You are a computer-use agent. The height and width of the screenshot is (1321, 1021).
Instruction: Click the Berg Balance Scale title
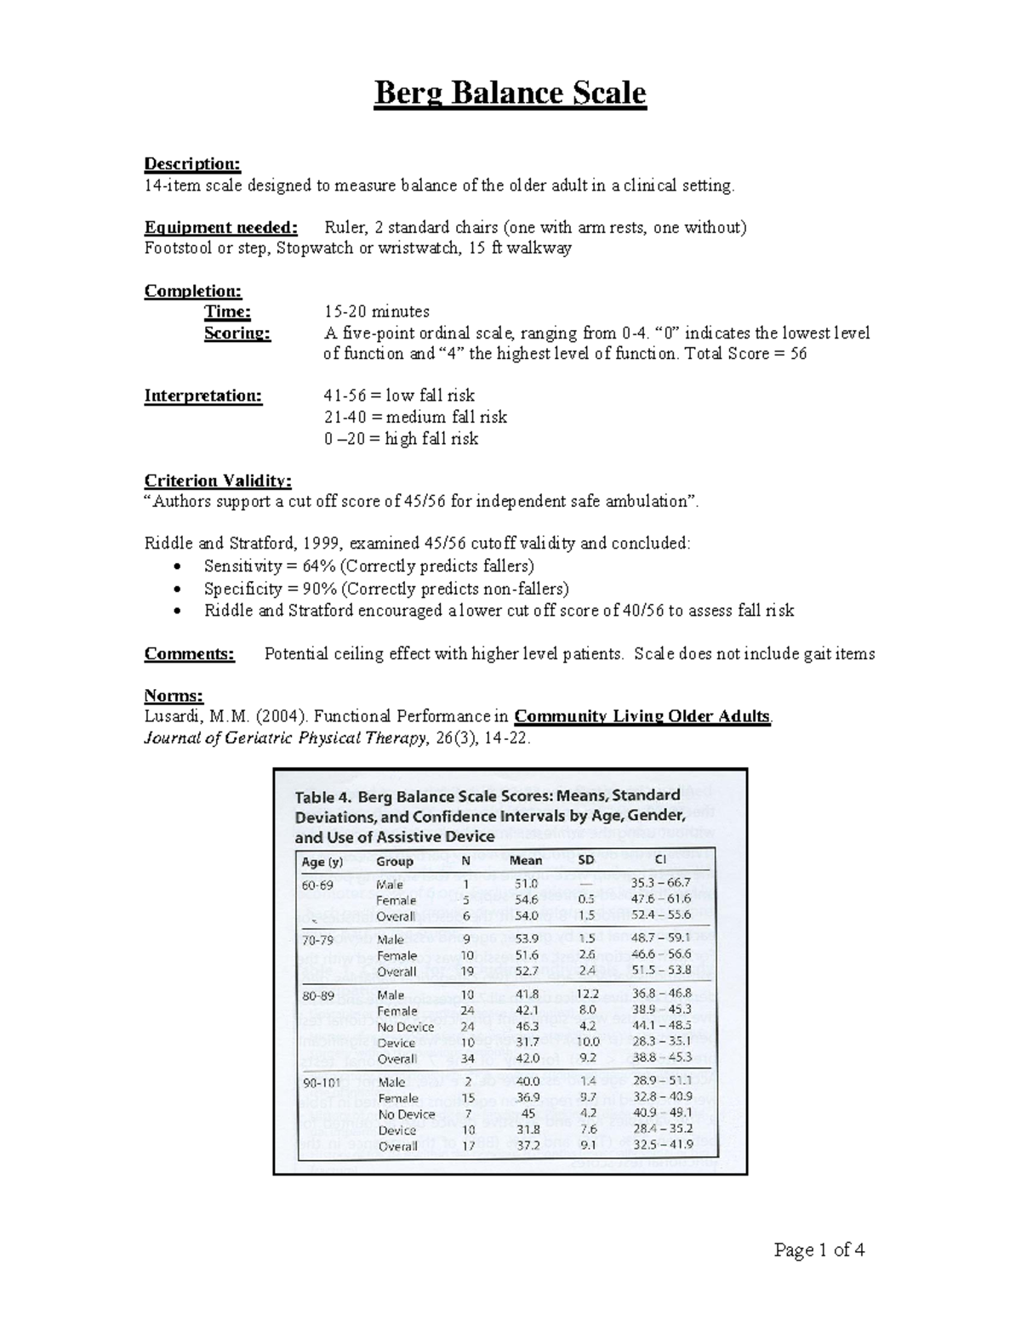510,93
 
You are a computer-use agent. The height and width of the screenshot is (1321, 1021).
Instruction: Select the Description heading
192,163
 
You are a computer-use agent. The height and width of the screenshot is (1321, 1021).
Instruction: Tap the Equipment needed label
220,227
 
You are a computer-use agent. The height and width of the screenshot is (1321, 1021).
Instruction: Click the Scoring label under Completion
237,333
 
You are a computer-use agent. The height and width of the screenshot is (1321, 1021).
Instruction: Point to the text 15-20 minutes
376,311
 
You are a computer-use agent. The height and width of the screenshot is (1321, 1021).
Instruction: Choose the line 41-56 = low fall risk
398,396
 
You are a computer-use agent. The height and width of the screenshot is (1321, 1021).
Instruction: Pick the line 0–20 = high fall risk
400,439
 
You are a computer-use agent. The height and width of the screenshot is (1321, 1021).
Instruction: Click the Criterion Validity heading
218,481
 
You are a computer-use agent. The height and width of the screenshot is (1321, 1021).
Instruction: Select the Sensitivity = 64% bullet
368,567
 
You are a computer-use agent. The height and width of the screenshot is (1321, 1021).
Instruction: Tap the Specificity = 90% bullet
385,589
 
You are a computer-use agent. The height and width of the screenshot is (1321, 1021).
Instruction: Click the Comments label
189,654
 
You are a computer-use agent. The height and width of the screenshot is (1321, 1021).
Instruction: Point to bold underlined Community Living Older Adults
642,716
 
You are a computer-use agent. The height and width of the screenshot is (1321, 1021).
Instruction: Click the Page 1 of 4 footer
819,1250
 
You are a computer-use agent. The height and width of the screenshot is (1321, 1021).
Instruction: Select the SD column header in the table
586,860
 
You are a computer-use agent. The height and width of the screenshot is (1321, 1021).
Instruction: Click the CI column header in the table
660,860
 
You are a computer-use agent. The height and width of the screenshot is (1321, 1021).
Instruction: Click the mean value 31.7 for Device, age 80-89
527,1042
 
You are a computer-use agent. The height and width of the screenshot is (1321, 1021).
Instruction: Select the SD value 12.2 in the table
587,994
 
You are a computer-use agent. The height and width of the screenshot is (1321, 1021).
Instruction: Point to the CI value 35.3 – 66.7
661,883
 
